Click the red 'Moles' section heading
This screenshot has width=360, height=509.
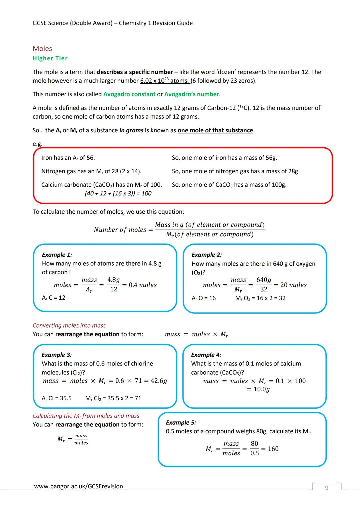[42, 49]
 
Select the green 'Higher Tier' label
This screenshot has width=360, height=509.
[50, 58]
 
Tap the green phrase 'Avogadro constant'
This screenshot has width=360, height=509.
[129, 94]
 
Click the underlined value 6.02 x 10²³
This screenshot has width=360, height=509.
[155, 81]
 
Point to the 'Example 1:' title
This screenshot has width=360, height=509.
[57, 255]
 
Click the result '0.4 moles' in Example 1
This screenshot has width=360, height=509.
[143, 285]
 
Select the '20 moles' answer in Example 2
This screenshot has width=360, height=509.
[293, 285]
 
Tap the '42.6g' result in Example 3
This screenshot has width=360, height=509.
[159, 381]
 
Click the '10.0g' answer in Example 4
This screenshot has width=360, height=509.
[262, 389]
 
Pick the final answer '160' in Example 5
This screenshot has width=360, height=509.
[273, 449]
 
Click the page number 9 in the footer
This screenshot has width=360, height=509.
[327, 488]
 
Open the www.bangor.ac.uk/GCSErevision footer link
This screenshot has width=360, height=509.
[79, 486]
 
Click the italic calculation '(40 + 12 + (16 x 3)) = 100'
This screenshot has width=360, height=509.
[118, 193]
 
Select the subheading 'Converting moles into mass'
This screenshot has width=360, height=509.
[69, 325]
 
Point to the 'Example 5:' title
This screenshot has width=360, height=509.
[181, 422]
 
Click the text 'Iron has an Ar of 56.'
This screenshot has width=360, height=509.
[68, 158]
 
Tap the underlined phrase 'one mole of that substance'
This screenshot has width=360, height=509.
[215, 130]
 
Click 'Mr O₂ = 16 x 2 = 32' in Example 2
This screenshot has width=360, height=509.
[260, 298]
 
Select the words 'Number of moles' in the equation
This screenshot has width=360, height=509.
[120, 230]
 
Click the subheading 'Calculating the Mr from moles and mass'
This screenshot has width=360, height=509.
[86, 416]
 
